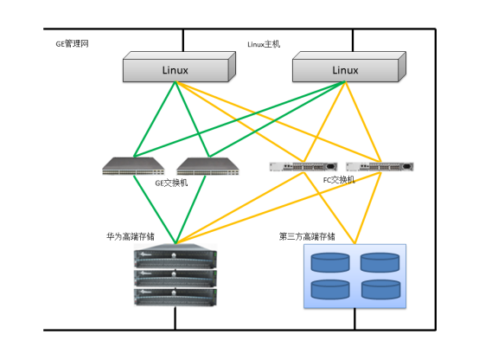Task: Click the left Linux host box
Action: point(179,67)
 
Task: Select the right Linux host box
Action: point(349,67)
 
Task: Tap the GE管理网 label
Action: point(72,44)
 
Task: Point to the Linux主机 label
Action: point(264,44)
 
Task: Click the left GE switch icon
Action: point(133,166)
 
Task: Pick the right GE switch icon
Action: point(208,166)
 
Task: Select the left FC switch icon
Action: point(303,167)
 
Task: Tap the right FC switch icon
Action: point(380,167)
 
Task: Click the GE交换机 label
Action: point(171,183)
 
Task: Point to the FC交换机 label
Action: point(339,180)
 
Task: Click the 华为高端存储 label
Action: point(131,236)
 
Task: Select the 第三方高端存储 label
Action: point(307,236)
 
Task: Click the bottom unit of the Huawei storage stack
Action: point(176,297)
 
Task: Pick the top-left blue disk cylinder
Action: point(330,262)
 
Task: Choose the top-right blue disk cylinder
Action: point(380,262)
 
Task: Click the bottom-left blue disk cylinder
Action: point(330,289)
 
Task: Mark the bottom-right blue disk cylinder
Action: point(380,289)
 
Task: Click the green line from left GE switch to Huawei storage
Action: point(155,209)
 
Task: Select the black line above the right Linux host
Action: point(353,40)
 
